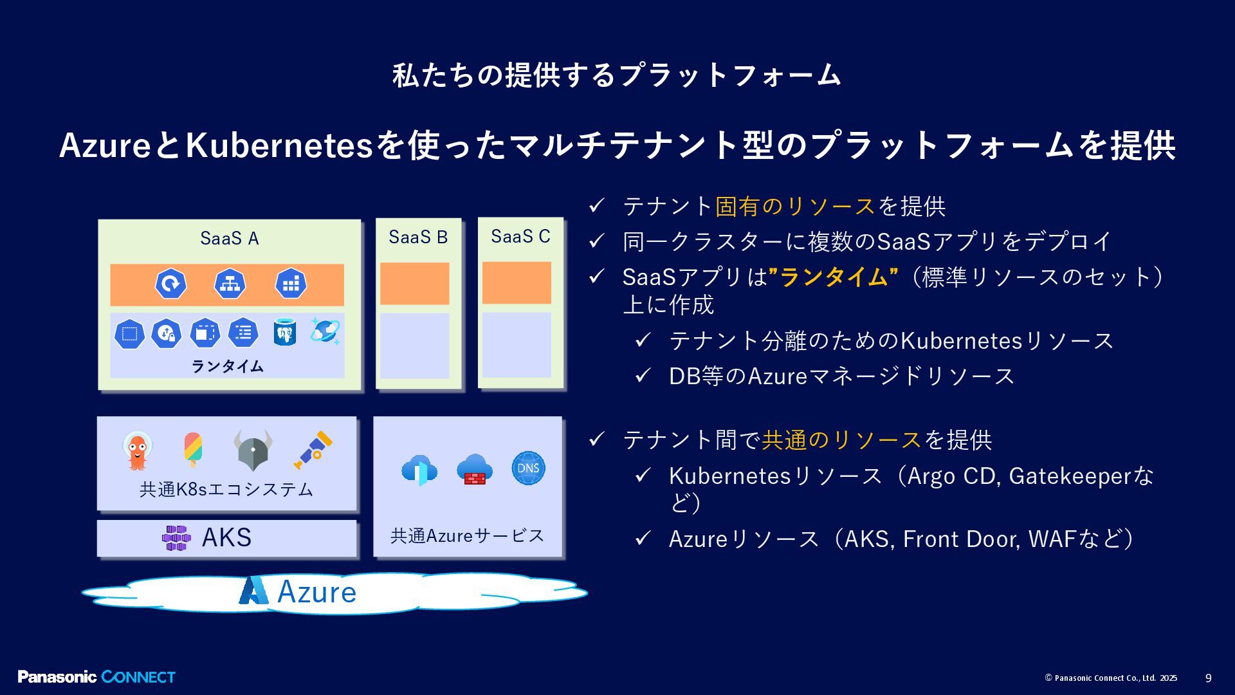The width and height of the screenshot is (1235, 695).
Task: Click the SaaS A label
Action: (x=229, y=239)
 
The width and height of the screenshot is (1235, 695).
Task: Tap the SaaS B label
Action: (x=418, y=237)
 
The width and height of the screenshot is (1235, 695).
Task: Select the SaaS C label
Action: (x=520, y=237)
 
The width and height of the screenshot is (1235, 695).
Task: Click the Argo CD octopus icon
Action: (x=137, y=451)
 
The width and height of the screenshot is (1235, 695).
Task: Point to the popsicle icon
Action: (x=192, y=449)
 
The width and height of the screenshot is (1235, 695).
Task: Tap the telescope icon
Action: (x=314, y=449)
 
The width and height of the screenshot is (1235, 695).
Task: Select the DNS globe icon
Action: (x=528, y=468)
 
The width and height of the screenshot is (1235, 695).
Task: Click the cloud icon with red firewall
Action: (x=475, y=470)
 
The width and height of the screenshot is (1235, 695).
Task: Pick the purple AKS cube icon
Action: (x=176, y=538)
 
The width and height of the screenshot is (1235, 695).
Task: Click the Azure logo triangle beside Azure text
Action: (x=254, y=591)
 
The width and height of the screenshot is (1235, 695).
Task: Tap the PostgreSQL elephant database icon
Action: (x=284, y=332)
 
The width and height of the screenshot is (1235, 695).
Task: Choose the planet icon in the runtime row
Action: (x=325, y=331)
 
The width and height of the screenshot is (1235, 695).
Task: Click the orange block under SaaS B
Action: (x=414, y=283)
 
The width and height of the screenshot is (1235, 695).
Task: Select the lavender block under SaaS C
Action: (x=517, y=345)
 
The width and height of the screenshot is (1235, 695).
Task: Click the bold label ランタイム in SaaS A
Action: (x=227, y=366)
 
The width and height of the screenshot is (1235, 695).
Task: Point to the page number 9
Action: (x=1208, y=678)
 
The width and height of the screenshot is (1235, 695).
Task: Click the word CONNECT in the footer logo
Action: (x=138, y=677)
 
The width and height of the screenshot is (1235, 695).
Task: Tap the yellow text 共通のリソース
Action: (x=841, y=440)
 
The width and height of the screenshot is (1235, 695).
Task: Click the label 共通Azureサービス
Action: (x=467, y=535)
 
